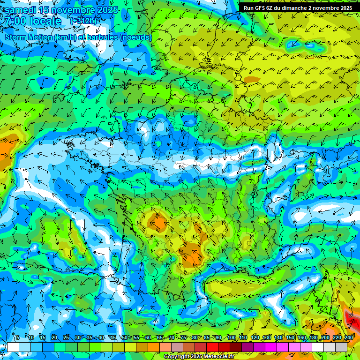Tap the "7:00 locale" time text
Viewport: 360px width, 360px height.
[x=33, y=21]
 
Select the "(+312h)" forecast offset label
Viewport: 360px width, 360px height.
[x=83, y=21]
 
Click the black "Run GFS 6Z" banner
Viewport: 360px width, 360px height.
[x=298, y=7]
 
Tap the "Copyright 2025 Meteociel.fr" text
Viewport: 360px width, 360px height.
[x=199, y=357]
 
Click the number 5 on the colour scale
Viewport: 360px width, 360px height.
[x=18, y=338]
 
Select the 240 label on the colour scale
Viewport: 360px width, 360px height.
[x=348, y=338]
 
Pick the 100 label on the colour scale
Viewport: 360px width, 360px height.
[x=231, y=338]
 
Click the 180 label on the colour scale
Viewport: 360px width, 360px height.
[x=313, y=338]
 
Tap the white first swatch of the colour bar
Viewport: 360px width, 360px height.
[x=13, y=347]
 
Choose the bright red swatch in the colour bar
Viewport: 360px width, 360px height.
[x=212, y=347]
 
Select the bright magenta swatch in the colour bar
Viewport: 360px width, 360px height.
[x=271, y=347]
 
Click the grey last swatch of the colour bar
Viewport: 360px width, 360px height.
[x=341, y=347]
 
